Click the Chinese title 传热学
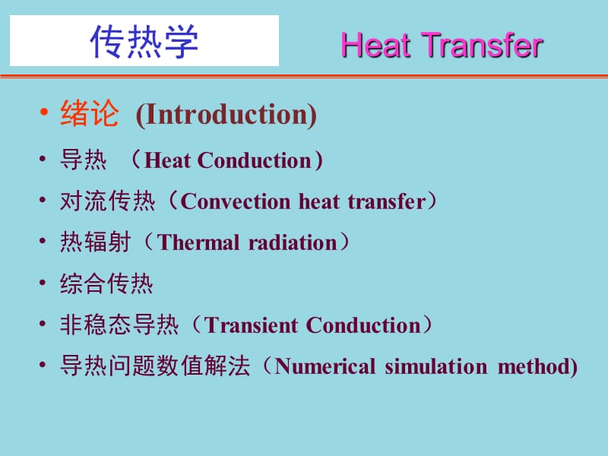pos(144,42)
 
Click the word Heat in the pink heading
pos(375,46)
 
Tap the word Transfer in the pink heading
pos(482,46)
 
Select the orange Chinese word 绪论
pos(90,113)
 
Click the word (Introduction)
pos(226,115)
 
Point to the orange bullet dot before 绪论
pos(44,112)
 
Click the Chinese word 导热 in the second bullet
pos(84,160)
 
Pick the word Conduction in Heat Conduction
pos(255,160)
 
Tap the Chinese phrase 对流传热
pos(107,201)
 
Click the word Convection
pos(236,201)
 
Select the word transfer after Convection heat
pos(387,201)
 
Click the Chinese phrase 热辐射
pos(96,242)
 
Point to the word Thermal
pos(198,242)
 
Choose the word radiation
pos(293,242)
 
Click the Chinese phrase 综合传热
pos(106,283)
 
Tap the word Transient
pos(251,325)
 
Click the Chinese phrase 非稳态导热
pos(119,325)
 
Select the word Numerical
pos(325,366)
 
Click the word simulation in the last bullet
pos(435,366)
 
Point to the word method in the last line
pos(534,366)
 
